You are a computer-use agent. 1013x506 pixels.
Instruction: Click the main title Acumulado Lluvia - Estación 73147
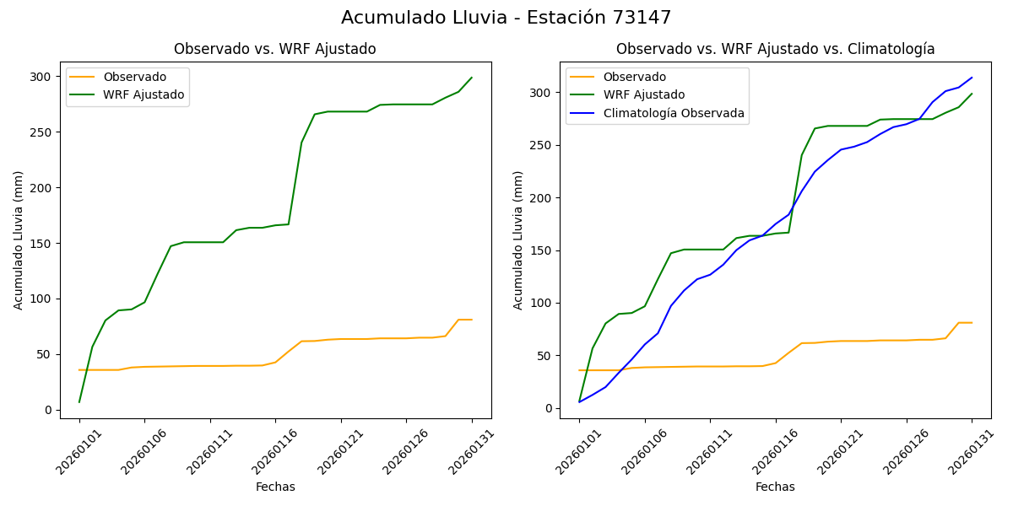pyautogui.click(x=506, y=18)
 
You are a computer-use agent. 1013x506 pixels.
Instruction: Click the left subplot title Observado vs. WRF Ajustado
pyautogui.click(x=275, y=49)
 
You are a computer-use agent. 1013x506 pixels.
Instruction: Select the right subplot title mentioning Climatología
pyautogui.click(x=775, y=49)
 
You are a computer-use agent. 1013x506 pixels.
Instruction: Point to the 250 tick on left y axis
pyautogui.click(x=41, y=132)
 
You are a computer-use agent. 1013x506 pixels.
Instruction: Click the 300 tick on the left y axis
pyautogui.click(x=41, y=77)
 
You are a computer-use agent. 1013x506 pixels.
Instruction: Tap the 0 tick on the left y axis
pyautogui.click(x=47, y=410)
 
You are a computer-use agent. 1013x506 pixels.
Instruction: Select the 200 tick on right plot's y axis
pyautogui.click(x=540, y=198)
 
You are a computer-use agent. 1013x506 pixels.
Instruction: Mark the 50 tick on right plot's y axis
pyautogui.click(x=544, y=356)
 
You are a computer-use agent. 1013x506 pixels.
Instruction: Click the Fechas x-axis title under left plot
pyautogui.click(x=275, y=487)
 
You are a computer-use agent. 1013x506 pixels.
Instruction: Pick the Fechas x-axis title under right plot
pyautogui.click(x=775, y=487)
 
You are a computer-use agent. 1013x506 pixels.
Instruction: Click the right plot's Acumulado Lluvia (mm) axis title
pyautogui.click(x=519, y=240)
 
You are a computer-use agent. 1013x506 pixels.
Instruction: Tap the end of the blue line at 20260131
pyautogui.click(x=972, y=78)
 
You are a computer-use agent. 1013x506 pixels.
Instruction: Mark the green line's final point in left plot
pyautogui.click(x=472, y=78)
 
